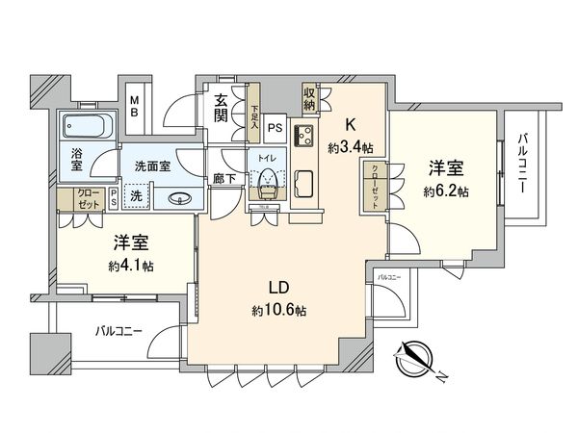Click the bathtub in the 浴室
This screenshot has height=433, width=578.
(87, 125)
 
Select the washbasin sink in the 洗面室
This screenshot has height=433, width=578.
(178, 199)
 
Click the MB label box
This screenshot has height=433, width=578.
(135, 106)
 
